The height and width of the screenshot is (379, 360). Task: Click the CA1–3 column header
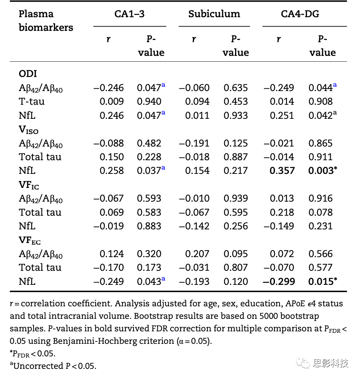[x=129, y=14]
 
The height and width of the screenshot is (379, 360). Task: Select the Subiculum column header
[x=214, y=14]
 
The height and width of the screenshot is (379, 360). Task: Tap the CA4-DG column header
[x=300, y=14]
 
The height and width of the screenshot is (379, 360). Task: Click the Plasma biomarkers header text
[x=46, y=21]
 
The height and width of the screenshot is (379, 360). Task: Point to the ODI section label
[x=28, y=74]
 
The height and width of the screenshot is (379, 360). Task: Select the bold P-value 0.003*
[x=323, y=171]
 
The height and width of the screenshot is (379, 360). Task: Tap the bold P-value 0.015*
[x=323, y=281]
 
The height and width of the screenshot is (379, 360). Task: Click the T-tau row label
[x=32, y=102]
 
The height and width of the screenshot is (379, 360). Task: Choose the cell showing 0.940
[x=149, y=102]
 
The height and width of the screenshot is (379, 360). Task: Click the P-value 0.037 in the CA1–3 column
[x=149, y=171]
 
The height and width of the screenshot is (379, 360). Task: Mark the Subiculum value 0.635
[x=235, y=88]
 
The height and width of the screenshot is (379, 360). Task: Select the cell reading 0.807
[x=235, y=268]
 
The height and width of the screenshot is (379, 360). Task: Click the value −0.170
[x=109, y=268]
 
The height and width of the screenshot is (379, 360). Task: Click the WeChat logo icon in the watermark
[x=303, y=363]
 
